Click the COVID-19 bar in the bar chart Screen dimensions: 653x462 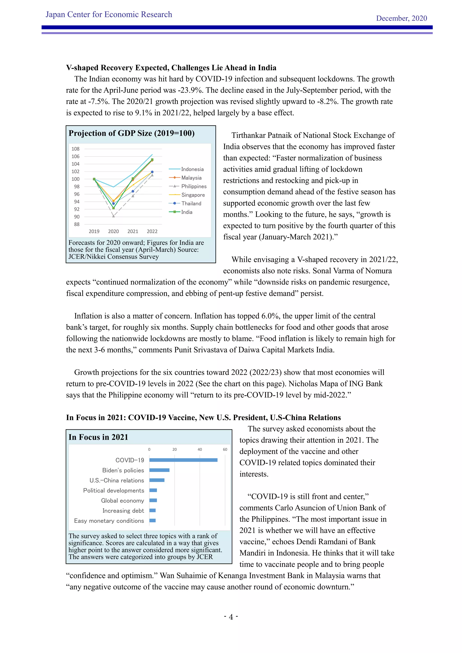click(183, 460)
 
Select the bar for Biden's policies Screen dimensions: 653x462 click(159, 470)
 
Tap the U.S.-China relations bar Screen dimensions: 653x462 click(157, 480)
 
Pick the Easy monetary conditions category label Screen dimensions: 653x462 click(109, 521)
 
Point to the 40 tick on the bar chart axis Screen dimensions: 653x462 click(200, 449)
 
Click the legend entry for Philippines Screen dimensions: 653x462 click(194, 186)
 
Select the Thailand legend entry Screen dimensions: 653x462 click(191, 203)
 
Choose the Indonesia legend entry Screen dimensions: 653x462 click(192, 169)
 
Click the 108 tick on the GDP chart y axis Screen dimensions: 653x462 click(75, 149)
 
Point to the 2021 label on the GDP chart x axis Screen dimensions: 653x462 click(133, 231)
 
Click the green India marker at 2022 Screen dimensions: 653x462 click(152, 160)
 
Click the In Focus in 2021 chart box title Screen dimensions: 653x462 click(98, 437)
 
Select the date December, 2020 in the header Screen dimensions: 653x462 click(401, 18)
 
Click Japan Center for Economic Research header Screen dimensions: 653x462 click(109, 14)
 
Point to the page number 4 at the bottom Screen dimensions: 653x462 click(231, 617)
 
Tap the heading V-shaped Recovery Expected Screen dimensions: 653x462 click(171, 68)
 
